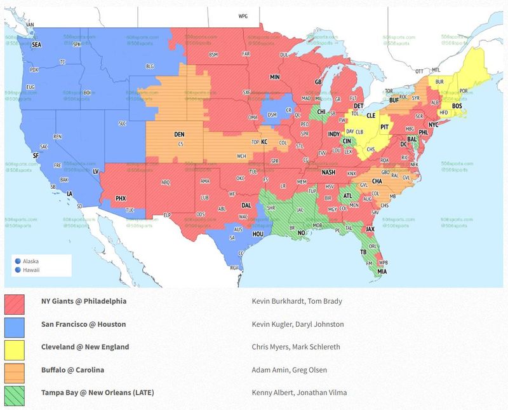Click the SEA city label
[36, 44]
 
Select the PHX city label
[121, 198]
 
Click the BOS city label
[456, 106]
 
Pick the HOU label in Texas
[258, 233]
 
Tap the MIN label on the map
[275, 77]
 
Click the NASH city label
[328, 172]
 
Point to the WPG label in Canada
[243, 15]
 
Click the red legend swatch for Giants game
[14, 301]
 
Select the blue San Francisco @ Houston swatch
[14, 324]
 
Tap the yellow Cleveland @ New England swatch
[14, 347]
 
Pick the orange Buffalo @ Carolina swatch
[14, 370]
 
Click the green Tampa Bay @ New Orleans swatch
[14, 393]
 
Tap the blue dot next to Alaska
[17, 261]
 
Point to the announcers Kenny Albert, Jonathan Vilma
[297, 393]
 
